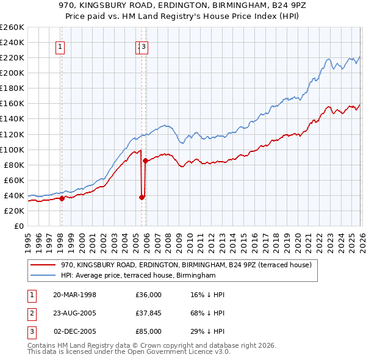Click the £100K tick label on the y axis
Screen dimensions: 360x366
pos(12,149)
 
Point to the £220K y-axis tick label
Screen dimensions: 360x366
pos(12,57)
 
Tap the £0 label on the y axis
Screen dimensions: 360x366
pos(18,226)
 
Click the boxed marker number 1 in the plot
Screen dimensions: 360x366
pos(61,46)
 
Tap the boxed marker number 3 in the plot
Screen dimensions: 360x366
pos(144,46)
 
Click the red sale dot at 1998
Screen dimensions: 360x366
pos(62,198)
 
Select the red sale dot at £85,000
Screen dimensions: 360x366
pos(146,161)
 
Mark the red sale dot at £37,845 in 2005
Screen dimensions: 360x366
pos(142,197)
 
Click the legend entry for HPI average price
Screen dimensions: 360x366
pos(138,276)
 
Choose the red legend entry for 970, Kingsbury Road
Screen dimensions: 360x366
pos(186,265)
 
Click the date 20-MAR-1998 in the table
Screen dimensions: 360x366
pos(74,295)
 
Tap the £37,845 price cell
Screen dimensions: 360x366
pos(149,313)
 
